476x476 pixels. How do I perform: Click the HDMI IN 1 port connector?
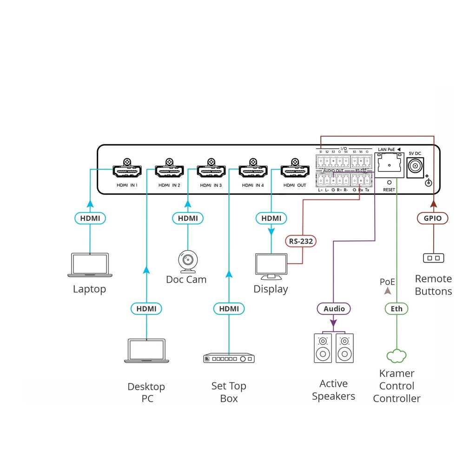click(x=127, y=171)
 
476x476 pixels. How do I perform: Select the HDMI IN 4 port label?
click(x=253, y=185)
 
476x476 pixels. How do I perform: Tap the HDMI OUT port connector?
click(x=295, y=171)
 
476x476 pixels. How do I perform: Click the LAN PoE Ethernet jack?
click(x=389, y=165)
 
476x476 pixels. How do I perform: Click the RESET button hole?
click(x=389, y=182)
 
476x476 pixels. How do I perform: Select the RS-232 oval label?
click(x=301, y=241)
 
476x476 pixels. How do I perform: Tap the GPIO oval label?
click(x=433, y=218)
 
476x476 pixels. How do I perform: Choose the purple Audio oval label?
click(x=334, y=309)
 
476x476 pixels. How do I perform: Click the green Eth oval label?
click(x=397, y=309)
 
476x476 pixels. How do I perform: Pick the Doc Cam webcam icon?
click(x=188, y=262)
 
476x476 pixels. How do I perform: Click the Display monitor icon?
click(x=271, y=266)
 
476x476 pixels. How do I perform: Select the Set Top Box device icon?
click(x=229, y=358)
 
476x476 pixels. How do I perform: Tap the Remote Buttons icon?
click(x=434, y=258)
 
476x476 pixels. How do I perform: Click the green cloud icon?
click(x=397, y=356)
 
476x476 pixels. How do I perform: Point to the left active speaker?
click(x=323, y=348)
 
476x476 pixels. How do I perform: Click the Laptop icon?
click(x=90, y=265)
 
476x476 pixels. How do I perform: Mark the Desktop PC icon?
click(x=146, y=351)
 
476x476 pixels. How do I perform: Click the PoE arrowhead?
click(x=388, y=291)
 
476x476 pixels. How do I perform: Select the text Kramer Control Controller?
click(x=397, y=386)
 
